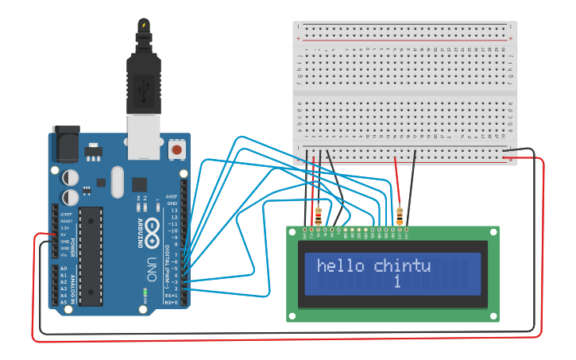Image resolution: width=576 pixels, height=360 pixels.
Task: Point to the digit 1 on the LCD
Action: pyautogui.click(x=396, y=282)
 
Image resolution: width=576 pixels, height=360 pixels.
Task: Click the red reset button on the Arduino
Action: pyautogui.click(x=176, y=149)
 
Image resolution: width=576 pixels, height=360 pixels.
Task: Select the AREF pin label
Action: pyautogui.click(x=172, y=195)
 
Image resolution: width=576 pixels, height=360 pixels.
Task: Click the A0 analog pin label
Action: pyautogui.click(x=64, y=269)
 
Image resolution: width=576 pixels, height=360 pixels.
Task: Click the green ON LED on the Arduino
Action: pyautogui.click(x=145, y=292)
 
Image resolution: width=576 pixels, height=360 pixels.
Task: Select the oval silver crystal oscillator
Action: pyautogui.click(x=118, y=181)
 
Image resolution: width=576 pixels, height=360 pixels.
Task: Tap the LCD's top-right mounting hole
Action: pyautogui.click(x=493, y=232)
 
